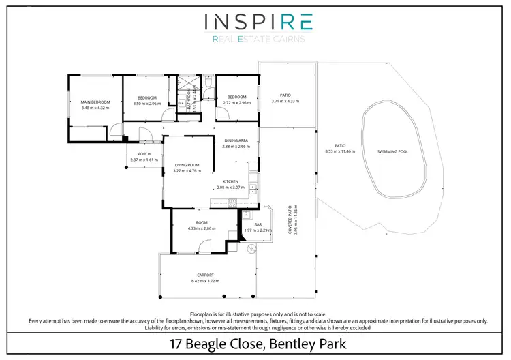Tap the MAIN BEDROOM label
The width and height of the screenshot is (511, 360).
(x=95, y=102)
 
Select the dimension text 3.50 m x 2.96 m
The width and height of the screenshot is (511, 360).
(x=147, y=103)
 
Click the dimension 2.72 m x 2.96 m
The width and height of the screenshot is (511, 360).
(x=237, y=103)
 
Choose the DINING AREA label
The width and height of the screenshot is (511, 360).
(x=236, y=140)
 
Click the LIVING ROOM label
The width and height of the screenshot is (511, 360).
(x=187, y=164)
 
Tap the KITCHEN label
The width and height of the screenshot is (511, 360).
(x=230, y=181)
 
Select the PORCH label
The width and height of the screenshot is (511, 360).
(x=144, y=154)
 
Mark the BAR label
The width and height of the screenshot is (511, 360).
(x=258, y=224)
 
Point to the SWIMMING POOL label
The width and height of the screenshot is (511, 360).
(x=393, y=151)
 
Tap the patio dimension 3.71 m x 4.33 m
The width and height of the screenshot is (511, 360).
(x=285, y=101)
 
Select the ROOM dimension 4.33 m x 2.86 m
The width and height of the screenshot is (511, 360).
(x=202, y=228)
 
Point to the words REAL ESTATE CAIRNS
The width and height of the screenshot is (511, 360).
(x=258, y=39)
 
